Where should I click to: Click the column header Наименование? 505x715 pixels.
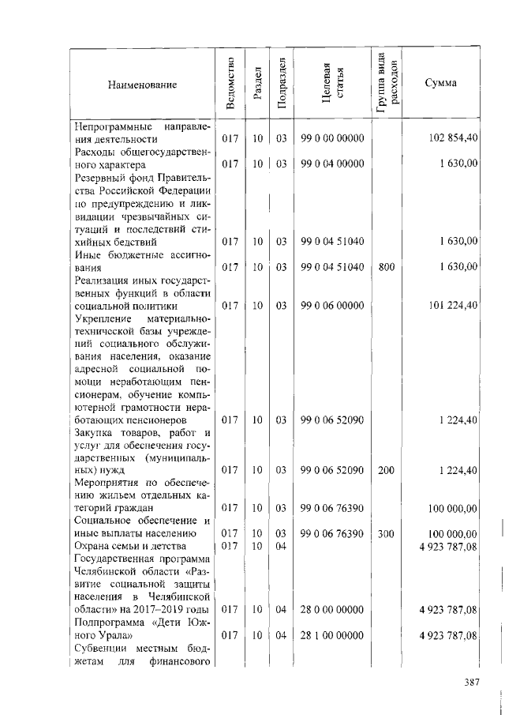click(143, 84)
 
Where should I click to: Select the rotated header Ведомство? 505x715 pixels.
click(230, 84)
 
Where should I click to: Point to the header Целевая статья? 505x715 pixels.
click(332, 84)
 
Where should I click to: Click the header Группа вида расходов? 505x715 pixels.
click(387, 84)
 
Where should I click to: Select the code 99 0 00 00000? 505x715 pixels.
click(332, 139)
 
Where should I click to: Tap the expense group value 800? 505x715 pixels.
click(387, 267)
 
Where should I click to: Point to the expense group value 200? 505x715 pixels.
click(387, 470)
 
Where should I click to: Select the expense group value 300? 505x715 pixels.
click(387, 534)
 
